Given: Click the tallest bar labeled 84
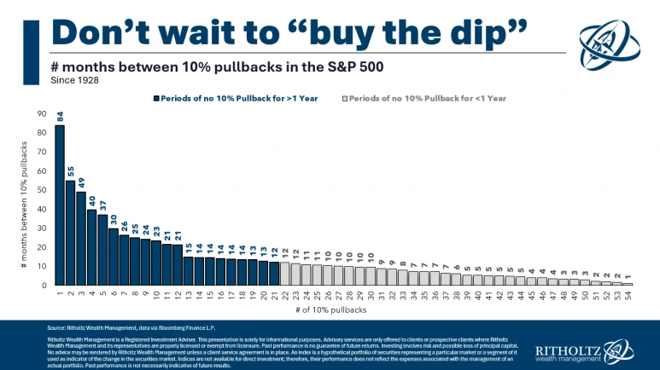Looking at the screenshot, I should [60, 205].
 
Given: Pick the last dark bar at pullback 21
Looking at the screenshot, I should [274, 274].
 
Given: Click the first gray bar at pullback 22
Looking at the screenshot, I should [285, 274].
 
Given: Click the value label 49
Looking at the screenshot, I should [81, 182].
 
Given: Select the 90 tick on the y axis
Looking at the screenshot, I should [41, 113].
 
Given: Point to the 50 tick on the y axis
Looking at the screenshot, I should [41, 189].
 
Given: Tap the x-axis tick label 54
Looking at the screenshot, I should [628, 294].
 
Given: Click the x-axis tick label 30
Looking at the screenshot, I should [371, 294].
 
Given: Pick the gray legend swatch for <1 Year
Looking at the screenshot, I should [345, 98].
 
